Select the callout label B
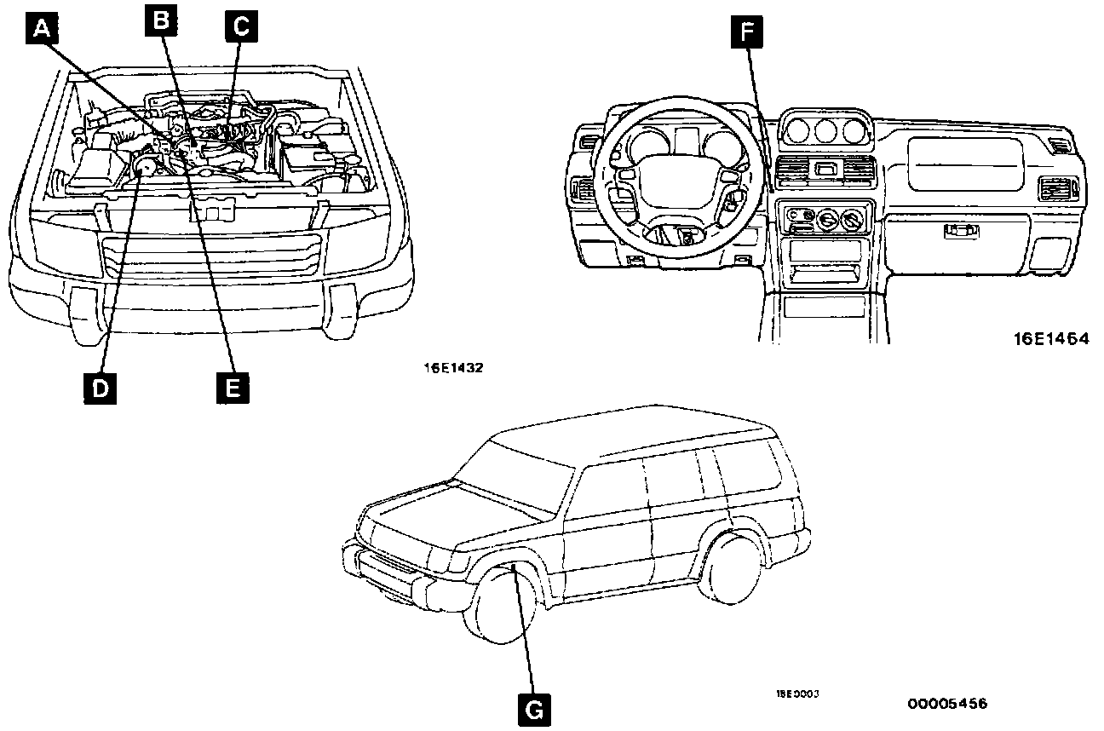pyautogui.click(x=160, y=21)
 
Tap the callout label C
pyautogui.click(x=240, y=26)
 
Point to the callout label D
pyautogui.click(x=100, y=388)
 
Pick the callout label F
pyautogui.click(x=747, y=33)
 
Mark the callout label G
pyautogui.click(x=533, y=707)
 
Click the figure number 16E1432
pyautogui.click(x=454, y=369)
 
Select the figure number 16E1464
pyautogui.click(x=1050, y=338)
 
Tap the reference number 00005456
pyautogui.click(x=947, y=704)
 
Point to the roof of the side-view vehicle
pyautogui.click(x=630, y=435)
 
